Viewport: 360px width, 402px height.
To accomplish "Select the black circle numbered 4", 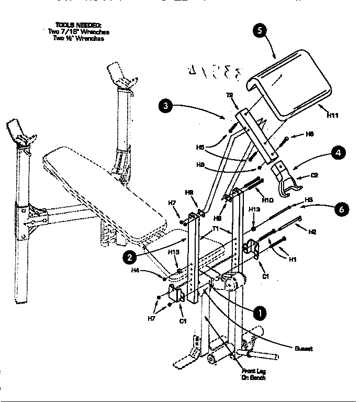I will pyautogui.click(x=337, y=153).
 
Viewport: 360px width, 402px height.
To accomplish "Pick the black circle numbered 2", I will pyautogui.click(x=129, y=256).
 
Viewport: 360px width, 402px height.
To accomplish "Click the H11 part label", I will pyautogui.click(x=332, y=115).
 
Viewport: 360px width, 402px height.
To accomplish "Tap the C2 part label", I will pyautogui.click(x=314, y=175).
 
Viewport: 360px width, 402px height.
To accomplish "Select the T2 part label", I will pyautogui.click(x=229, y=95).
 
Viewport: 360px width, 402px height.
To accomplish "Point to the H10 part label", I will pyautogui.click(x=267, y=200).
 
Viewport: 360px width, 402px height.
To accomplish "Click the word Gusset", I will pyautogui.click(x=303, y=349).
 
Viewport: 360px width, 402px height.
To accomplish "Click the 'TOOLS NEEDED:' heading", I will pyautogui.click(x=78, y=25).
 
